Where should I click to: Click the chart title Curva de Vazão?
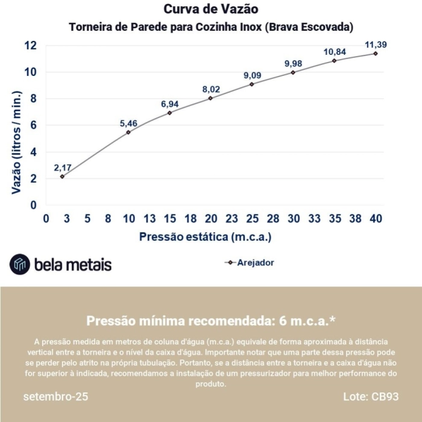click(210, 10)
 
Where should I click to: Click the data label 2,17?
click(63, 167)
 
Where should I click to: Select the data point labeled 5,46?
click(128, 132)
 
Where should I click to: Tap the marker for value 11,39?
click(375, 54)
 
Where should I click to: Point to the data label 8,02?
click(211, 90)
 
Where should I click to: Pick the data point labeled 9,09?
click(252, 84)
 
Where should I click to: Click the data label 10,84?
click(333, 52)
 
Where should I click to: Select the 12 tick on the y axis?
click(31, 46)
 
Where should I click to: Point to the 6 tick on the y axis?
click(34, 125)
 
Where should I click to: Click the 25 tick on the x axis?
click(252, 219)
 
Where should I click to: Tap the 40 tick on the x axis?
click(375, 219)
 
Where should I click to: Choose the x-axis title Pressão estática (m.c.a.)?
click(205, 237)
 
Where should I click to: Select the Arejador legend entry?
click(249, 263)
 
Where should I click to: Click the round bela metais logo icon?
click(19, 264)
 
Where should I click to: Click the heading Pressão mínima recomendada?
click(210, 320)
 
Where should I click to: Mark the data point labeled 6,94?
click(170, 113)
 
